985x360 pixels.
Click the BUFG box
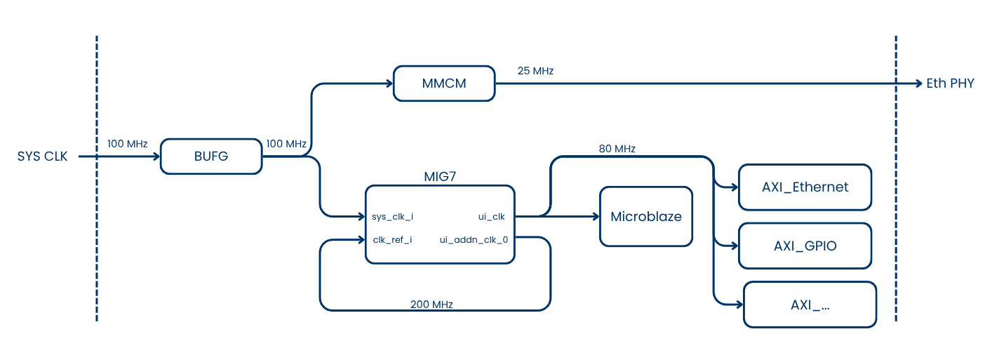(211, 156)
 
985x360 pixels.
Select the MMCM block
(443, 84)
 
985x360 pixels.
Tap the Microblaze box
(645, 216)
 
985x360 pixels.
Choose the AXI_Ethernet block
(805, 187)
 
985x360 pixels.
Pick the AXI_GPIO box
(805, 246)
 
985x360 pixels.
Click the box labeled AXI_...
(810, 305)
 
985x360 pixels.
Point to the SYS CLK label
(43, 156)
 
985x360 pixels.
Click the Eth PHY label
(950, 84)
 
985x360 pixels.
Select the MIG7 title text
(439, 177)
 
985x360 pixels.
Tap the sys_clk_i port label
(393, 217)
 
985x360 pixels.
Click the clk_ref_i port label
(392, 240)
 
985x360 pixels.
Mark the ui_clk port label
(491, 217)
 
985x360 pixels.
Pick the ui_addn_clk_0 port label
(474, 240)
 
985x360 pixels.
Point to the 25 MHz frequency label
(535, 71)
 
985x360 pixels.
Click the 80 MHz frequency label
(617, 149)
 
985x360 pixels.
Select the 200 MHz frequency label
(431, 305)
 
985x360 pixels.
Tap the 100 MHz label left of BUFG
(127, 144)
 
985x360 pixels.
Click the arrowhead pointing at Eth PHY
(918, 84)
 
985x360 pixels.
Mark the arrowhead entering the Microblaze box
(594, 216)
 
